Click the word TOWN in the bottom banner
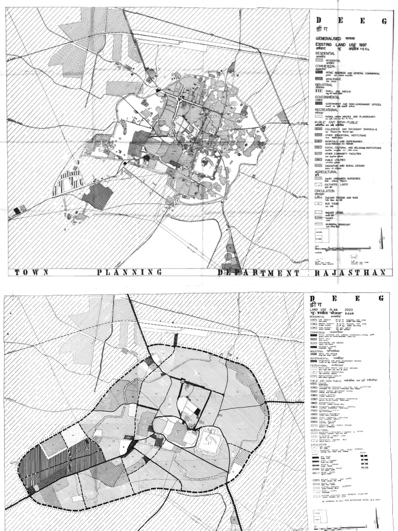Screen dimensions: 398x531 [32, 272]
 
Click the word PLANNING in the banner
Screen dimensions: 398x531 [129, 272]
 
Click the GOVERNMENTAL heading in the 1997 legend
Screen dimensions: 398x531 [326, 96]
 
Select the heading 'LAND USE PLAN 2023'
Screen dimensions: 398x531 [334, 310]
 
